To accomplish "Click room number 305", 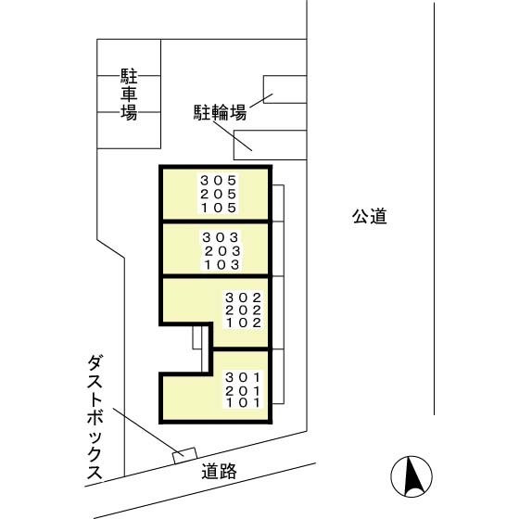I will click(219, 181).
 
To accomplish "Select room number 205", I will click(219, 195).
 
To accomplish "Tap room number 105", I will click(219, 209).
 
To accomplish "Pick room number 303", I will click(221, 237).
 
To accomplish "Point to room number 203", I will click(221, 250).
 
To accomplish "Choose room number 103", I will click(221, 264).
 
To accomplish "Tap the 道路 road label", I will click(220, 472).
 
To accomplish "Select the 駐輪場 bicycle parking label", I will click(220, 113).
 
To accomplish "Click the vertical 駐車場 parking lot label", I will click(129, 94).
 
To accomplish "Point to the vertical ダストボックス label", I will click(95, 417).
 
